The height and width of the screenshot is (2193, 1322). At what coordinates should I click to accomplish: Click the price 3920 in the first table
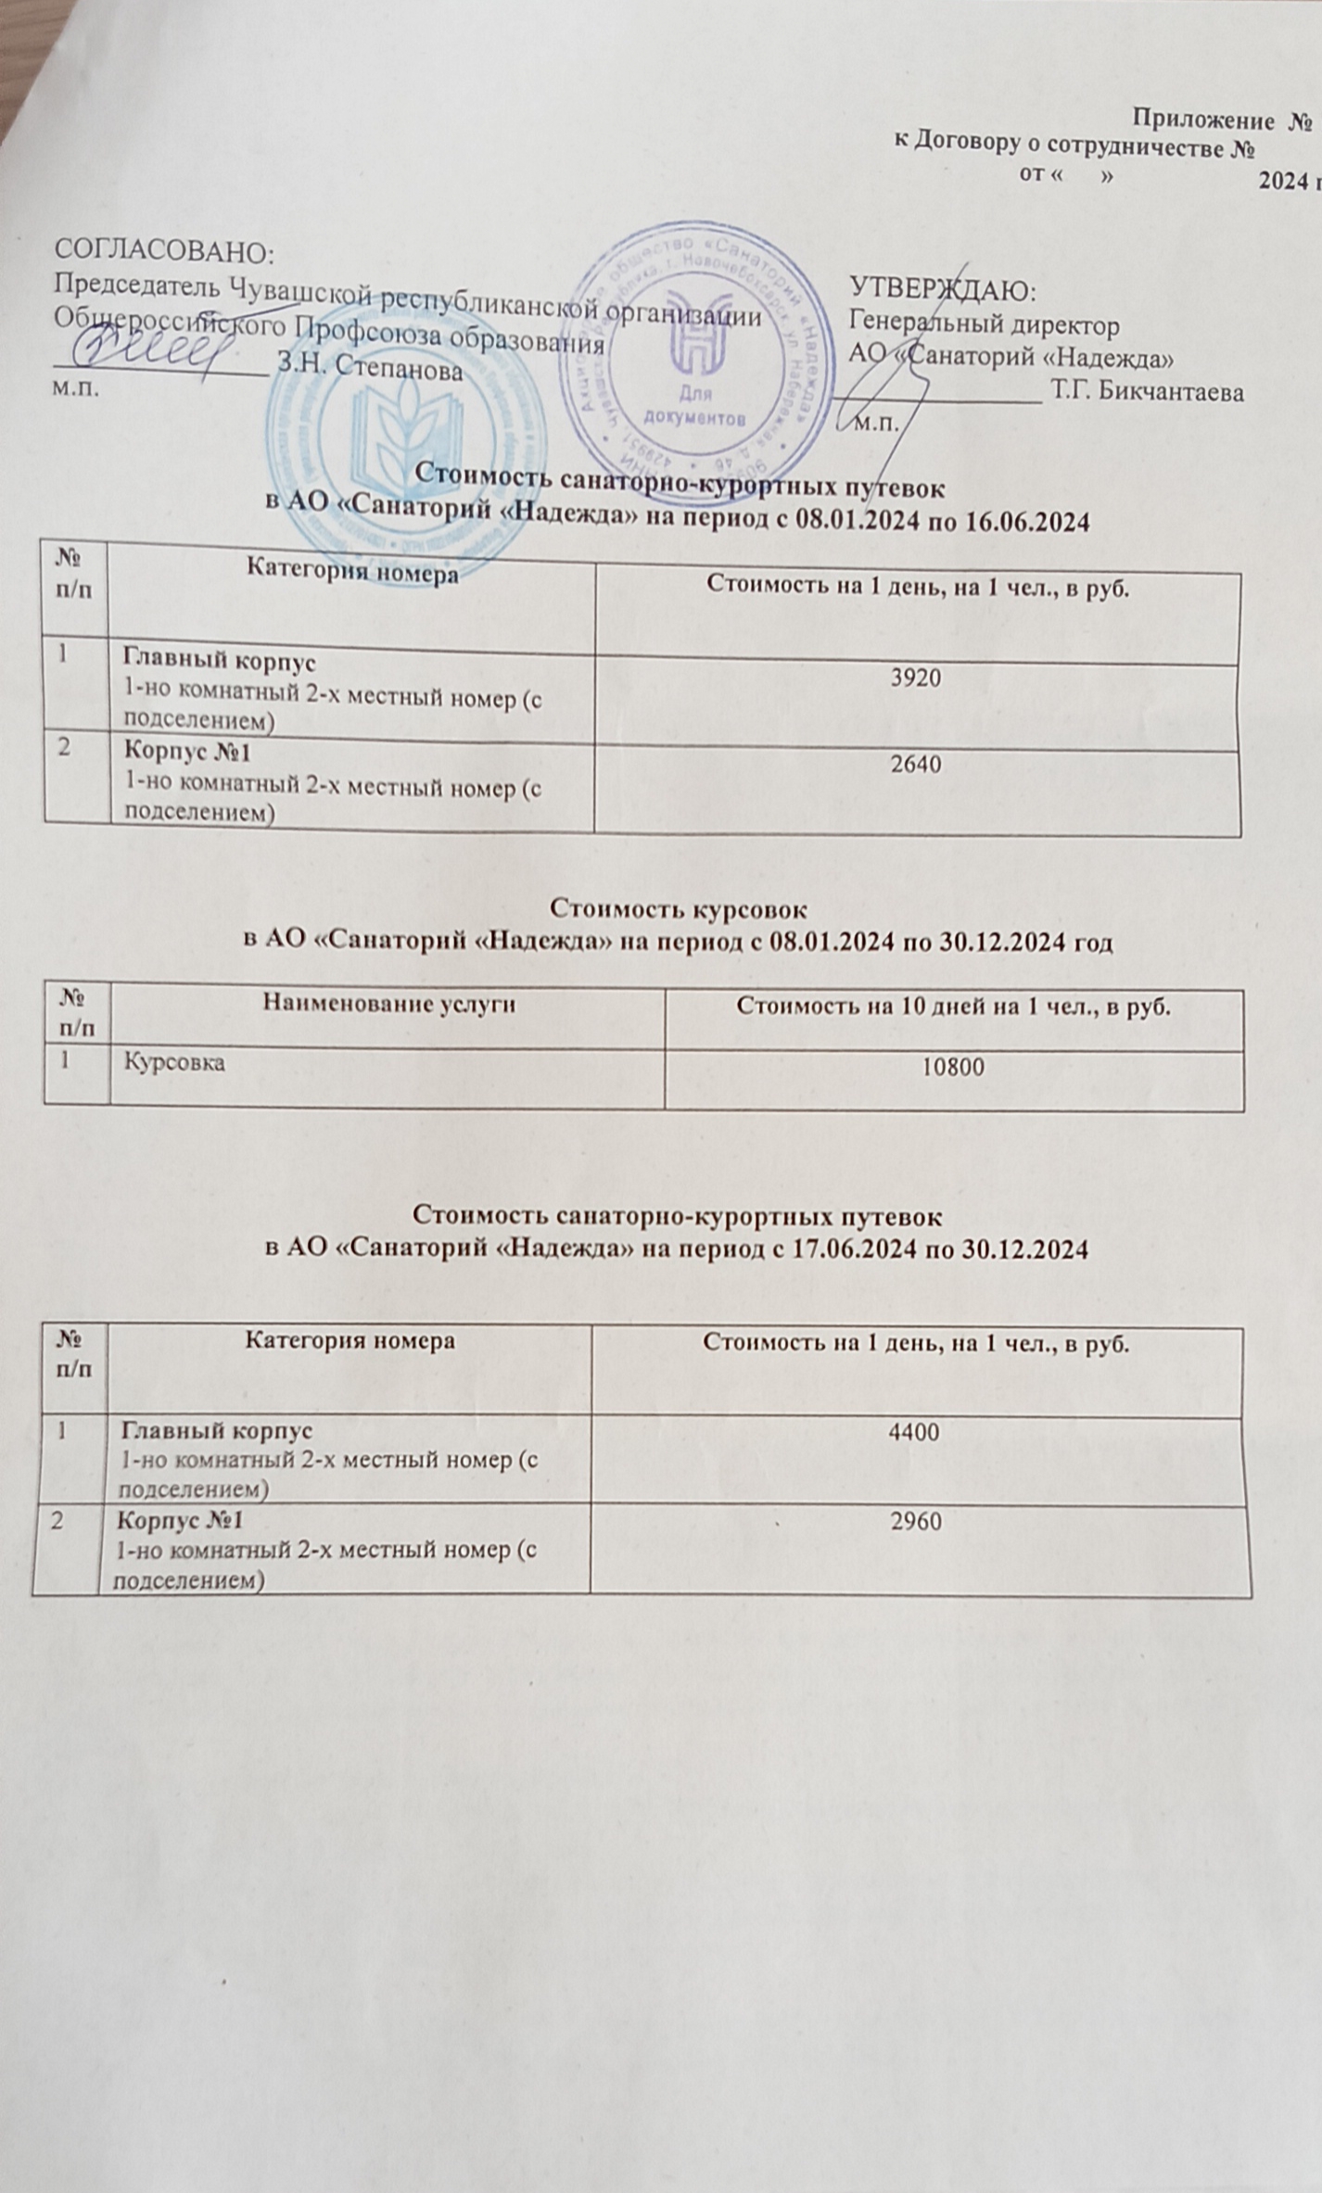tap(915, 678)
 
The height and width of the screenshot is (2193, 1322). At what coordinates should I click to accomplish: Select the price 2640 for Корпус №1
tap(915, 764)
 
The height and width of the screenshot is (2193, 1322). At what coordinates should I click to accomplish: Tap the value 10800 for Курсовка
tap(952, 1068)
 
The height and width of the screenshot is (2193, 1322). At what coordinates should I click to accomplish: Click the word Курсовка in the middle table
tap(174, 1062)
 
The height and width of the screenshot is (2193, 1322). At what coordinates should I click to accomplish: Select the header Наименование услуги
tap(388, 1002)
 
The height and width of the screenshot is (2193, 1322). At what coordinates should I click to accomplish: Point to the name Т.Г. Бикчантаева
tap(1147, 392)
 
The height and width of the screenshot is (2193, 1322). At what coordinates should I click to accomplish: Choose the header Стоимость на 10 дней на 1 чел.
tap(953, 1005)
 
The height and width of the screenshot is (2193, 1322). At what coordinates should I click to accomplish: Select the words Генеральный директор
tap(984, 325)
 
